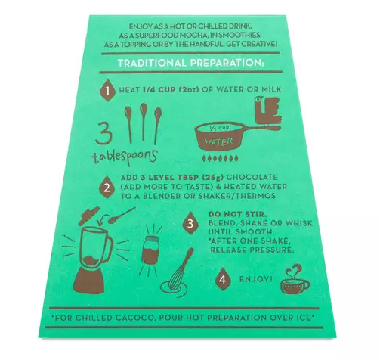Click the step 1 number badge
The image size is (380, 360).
tap(107, 90)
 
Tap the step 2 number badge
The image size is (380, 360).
tap(107, 188)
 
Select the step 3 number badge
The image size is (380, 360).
tap(190, 223)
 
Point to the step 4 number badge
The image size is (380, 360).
tap(223, 279)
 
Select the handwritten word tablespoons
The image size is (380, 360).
tap(125, 157)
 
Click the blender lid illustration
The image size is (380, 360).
tap(88, 216)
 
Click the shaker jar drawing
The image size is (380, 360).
tap(150, 250)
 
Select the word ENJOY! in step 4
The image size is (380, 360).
tap(256, 279)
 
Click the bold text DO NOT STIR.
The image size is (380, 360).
tap(237, 214)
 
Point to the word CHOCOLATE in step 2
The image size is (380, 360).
tap(252, 177)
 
